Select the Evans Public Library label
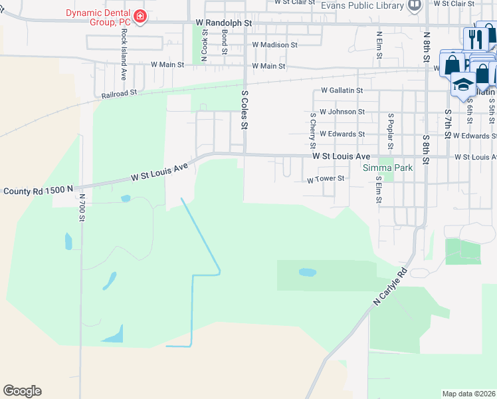click(x=362, y=5)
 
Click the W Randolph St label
click(x=225, y=23)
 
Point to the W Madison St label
click(x=274, y=45)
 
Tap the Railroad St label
click(x=119, y=94)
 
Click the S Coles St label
click(x=245, y=108)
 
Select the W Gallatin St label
click(x=342, y=90)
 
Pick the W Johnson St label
click(x=342, y=112)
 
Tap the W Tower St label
click(x=326, y=178)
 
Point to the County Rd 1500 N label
click(x=38, y=190)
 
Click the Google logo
click(x=22, y=391)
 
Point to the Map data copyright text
click(x=468, y=394)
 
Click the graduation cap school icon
click(x=463, y=85)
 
